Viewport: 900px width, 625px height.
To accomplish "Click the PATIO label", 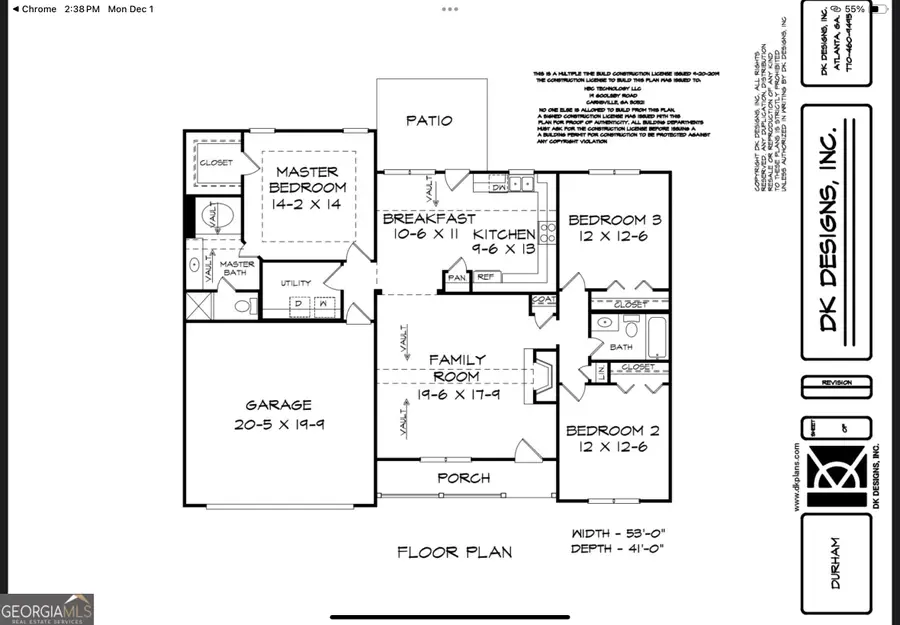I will tap(429, 121).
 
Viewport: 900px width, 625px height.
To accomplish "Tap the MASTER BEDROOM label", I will tap(307, 180).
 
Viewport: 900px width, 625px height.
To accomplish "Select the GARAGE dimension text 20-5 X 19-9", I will tap(279, 423).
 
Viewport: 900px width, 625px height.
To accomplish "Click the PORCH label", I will tap(465, 478).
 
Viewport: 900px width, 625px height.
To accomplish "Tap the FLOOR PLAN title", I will tap(454, 551).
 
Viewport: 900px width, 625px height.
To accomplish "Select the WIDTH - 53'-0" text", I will tap(614, 533).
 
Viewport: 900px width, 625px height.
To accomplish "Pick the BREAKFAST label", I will tap(428, 219).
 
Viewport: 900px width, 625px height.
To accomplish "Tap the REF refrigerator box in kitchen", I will tap(485, 277).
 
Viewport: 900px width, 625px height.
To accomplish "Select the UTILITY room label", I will tap(297, 283).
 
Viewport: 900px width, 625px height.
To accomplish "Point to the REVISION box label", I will tap(835, 382).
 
